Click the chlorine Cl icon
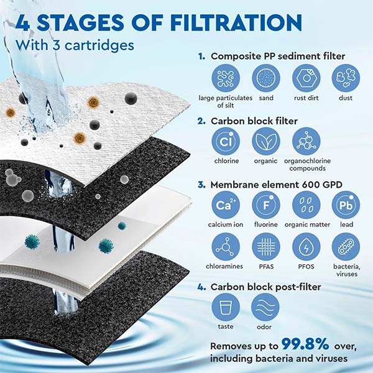coord(225,141)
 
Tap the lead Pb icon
coord(345,205)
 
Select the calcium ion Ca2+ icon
coord(225,205)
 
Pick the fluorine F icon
coord(265,205)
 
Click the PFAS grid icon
coord(265,247)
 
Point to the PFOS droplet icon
coord(306,247)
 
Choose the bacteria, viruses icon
coord(345,247)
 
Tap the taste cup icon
coord(225,306)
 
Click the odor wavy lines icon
coord(265,306)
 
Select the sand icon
coord(265,78)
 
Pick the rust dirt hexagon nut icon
coord(306,78)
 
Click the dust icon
coord(345,78)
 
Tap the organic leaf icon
coord(265,141)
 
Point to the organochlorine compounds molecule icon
coord(306,141)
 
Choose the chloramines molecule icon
coord(225,247)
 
